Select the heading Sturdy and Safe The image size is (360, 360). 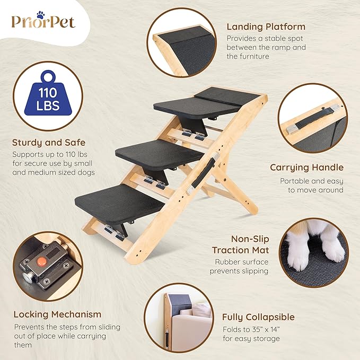tap(49, 142)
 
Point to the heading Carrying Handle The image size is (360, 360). tap(306, 168)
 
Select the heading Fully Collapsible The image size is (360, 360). tap(259, 317)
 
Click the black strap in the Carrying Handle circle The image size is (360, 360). tap(313, 121)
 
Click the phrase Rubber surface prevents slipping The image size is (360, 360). tap(241, 266)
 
